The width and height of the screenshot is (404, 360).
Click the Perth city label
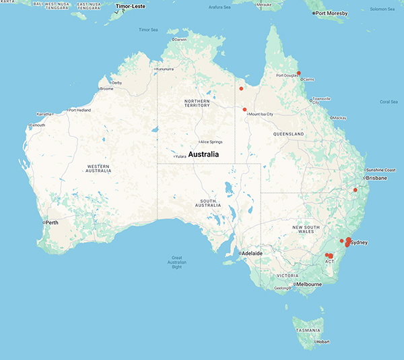coord(53,222)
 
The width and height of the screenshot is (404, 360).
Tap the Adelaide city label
coord(252,253)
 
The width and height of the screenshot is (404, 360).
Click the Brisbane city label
coord(376,178)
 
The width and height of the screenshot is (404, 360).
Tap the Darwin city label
coord(180,40)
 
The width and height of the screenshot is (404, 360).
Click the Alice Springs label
coord(211,142)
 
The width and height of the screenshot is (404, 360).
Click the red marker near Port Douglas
coord(298,73)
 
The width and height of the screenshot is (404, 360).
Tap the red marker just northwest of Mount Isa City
coord(245,109)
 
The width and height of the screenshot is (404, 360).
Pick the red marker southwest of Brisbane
coord(355,189)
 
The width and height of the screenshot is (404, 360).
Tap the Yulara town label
coord(180,157)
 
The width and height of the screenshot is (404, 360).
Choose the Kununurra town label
coord(168,69)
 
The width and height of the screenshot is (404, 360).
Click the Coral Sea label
coord(389,102)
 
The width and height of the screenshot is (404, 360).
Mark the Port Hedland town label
coord(83,111)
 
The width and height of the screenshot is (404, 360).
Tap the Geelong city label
coord(281,288)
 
